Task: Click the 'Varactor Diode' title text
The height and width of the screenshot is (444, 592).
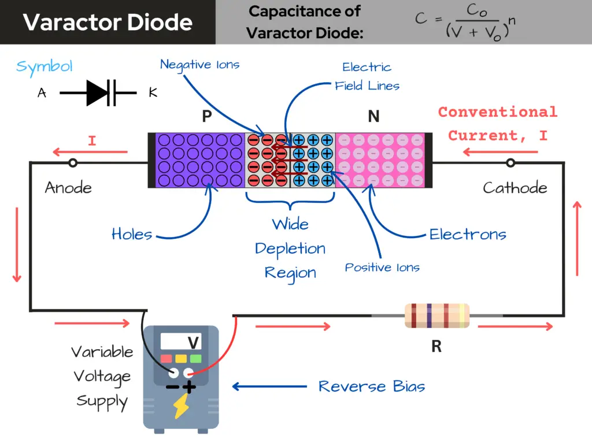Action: tap(108, 22)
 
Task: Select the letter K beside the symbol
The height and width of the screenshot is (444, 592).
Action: tap(153, 92)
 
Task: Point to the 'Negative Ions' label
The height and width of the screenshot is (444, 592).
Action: tap(199, 64)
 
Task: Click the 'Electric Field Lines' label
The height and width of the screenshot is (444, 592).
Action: tap(367, 76)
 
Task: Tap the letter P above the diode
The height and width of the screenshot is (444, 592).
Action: tap(206, 117)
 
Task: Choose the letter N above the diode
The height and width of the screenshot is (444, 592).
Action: tap(373, 117)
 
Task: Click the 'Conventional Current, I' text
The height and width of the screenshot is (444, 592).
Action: tap(497, 124)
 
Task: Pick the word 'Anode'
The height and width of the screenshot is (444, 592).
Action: tap(68, 187)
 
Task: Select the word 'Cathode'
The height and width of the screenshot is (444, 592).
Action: tap(515, 187)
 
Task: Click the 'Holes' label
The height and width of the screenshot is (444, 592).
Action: tap(132, 234)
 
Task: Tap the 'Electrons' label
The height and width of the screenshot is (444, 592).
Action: tap(468, 234)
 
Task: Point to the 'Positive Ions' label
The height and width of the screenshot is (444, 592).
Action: tap(382, 267)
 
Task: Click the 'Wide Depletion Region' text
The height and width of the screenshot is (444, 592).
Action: tap(290, 249)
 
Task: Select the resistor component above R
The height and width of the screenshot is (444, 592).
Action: tap(436, 316)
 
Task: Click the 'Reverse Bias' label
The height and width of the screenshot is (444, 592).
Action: tap(371, 386)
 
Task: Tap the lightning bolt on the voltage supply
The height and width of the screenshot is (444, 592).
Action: tap(180, 408)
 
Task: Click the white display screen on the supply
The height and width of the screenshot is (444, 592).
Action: tap(180, 342)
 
